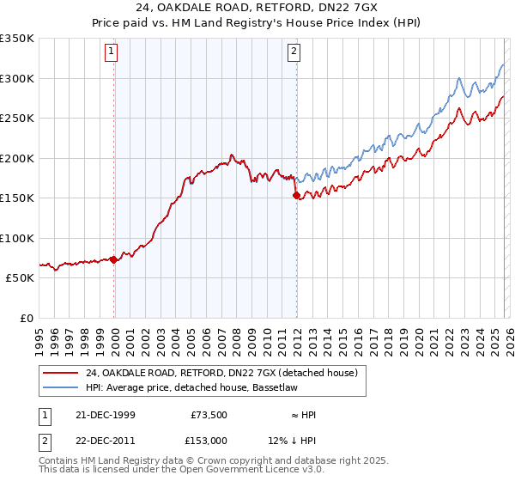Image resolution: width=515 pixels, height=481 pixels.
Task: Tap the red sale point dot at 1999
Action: (x=114, y=259)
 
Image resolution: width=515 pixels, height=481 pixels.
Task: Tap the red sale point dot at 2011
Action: (x=297, y=196)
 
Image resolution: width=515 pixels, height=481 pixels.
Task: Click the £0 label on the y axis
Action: (x=27, y=318)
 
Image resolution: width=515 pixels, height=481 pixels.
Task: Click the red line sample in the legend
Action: (x=60, y=372)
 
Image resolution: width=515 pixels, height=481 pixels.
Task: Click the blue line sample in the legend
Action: (x=60, y=389)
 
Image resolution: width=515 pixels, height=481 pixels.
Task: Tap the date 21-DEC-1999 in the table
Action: (x=105, y=415)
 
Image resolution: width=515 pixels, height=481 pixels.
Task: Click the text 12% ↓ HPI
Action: (x=304, y=440)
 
